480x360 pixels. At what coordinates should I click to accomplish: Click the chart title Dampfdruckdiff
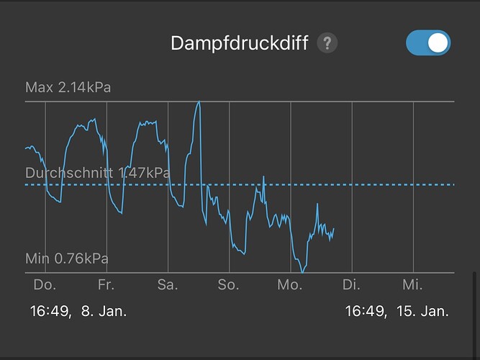[239, 43]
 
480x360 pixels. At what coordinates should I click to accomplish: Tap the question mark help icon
[328, 43]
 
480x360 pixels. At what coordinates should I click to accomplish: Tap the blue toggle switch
[428, 43]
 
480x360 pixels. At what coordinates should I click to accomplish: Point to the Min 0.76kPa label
[67, 258]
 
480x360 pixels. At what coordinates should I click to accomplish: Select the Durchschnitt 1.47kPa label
[97, 174]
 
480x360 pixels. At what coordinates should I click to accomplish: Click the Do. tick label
[45, 285]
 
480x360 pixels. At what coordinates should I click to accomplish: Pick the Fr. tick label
[106, 285]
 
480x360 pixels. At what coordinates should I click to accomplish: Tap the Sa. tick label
[167, 285]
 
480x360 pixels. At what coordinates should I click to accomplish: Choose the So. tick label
[228, 285]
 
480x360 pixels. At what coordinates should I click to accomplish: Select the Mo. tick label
[289, 285]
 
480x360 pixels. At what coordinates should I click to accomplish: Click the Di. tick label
[351, 285]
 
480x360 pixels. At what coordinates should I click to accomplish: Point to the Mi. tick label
[412, 285]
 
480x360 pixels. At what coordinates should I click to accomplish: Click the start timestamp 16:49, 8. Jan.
[78, 312]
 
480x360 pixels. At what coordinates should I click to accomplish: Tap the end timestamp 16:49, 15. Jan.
[397, 312]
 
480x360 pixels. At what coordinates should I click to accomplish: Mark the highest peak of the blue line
[199, 102]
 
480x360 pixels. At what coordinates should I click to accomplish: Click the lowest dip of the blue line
[303, 272]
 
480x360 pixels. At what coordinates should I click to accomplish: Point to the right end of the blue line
[334, 228]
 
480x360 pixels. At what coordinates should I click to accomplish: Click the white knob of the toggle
[438, 43]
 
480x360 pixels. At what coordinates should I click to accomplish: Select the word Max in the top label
[39, 88]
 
